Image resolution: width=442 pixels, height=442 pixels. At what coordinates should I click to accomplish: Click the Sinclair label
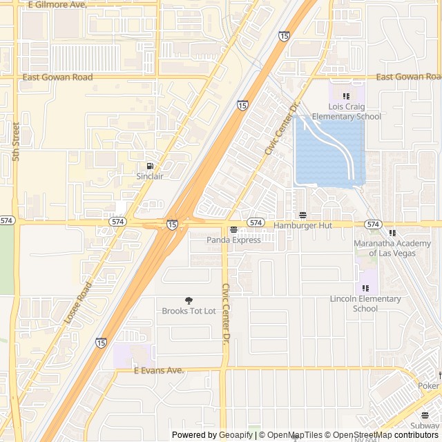pos(150,177)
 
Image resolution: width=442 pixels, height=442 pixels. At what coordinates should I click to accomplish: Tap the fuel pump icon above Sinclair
pos(150,166)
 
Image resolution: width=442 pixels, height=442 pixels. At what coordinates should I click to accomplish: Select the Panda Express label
pos(233,240)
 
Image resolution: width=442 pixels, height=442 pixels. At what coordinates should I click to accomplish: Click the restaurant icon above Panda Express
pos(233,230)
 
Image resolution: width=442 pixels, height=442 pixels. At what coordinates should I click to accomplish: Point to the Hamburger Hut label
pos(303,226)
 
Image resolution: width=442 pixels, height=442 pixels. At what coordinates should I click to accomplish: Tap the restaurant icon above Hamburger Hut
pos(302,215)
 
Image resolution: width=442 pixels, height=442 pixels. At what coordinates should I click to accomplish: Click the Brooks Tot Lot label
pos(189,311)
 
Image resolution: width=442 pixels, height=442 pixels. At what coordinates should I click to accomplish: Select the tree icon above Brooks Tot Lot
pos(189,300)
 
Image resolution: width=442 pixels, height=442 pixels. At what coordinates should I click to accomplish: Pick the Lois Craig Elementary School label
pos(346,112)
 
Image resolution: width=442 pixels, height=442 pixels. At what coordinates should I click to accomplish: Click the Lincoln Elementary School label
pos(365,303)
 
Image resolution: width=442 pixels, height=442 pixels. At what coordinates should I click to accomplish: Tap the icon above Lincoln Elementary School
pos(365,288)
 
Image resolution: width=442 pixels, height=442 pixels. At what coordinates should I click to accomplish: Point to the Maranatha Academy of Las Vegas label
pos(392,248)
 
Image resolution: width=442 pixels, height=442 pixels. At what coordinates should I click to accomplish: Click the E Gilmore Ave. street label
pos(57,5)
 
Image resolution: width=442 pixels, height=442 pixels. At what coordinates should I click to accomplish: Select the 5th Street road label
pos(16,142)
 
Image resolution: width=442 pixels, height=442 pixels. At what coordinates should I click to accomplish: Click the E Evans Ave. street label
pos(159,371)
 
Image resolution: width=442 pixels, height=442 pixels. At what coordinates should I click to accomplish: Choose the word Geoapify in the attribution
pos(236,435)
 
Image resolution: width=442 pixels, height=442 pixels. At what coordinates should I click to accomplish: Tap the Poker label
pos(428,385)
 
